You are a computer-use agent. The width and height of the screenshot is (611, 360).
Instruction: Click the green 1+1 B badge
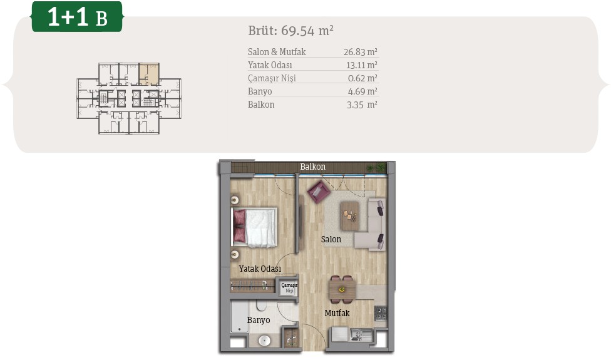click(x=77, y=17)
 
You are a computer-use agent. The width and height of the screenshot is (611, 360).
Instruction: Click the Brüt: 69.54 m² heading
click(x=290, y=31)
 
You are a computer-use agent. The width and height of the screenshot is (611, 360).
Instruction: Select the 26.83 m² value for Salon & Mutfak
click(x=361, y=52)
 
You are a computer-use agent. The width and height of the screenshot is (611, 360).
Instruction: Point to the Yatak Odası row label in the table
click(x=270, y=64)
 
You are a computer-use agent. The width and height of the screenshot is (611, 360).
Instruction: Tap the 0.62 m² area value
click(x=362, y=78)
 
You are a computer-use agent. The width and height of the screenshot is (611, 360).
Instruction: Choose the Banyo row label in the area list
click(x=260, y=91)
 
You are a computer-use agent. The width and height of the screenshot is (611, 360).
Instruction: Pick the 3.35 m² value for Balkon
click(x=362, y=105)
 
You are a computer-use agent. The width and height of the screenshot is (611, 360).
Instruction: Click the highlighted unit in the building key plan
click(x=149, y=74)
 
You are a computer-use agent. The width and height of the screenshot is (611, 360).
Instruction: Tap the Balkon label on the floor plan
click(x=312, y=167)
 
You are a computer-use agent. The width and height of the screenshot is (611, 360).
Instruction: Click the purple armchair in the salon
click(x=319, y=191)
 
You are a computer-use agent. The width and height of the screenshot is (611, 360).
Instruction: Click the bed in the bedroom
click(x=254, y=227)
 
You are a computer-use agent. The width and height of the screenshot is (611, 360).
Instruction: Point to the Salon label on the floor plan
click(x=331, y=239)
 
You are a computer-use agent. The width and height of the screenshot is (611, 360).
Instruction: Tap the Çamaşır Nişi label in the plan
click(x=289, y=288)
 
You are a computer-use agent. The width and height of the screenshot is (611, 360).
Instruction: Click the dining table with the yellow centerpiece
click(x=342, y=290)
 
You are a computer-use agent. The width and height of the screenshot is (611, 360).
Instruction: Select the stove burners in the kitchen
click(x=381, y=313)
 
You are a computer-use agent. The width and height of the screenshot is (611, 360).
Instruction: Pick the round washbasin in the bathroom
click(x=264, y=341)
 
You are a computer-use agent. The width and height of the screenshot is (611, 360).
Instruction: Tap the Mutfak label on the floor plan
click(x=337, y=313)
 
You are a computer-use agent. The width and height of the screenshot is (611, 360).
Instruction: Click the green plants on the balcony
click(x=376, y=168)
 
